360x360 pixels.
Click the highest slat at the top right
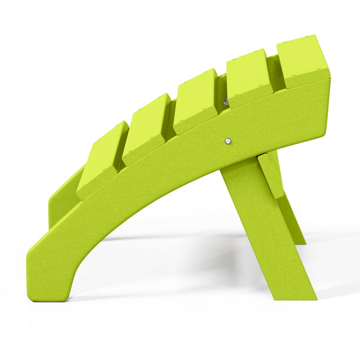301,61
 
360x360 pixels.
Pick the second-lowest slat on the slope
147,129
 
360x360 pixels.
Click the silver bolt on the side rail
229,141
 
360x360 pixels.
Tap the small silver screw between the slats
225,101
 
